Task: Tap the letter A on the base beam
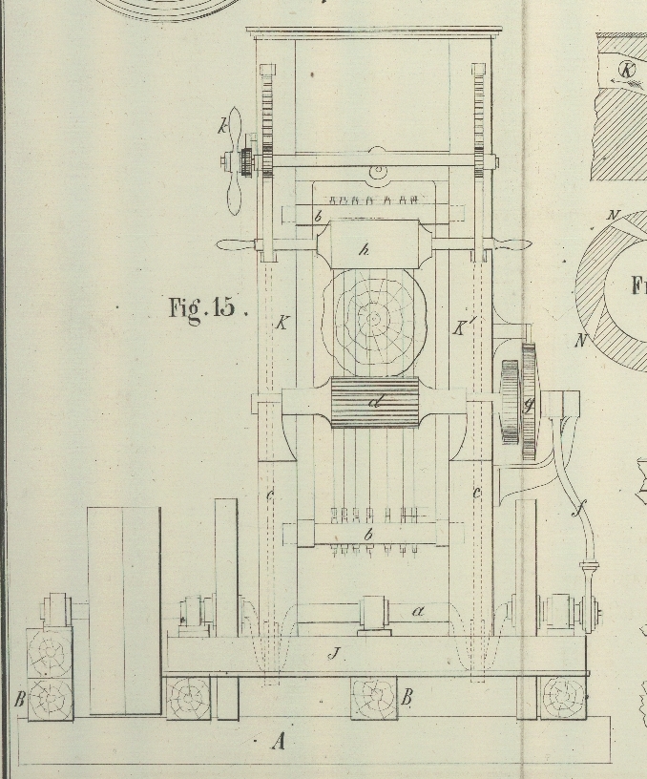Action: [278, 740]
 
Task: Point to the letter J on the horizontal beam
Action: [334, 654]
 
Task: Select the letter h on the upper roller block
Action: [364, 250]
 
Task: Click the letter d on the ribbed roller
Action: [375, 402]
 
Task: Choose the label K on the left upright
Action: [282, 323]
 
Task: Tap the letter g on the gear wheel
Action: [528, 405]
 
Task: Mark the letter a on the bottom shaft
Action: [418, 609]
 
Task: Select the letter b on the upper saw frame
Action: [318, 217]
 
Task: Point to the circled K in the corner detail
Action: [626, 69]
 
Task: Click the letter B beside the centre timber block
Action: [406, 698]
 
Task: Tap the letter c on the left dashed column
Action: [270, 493]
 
